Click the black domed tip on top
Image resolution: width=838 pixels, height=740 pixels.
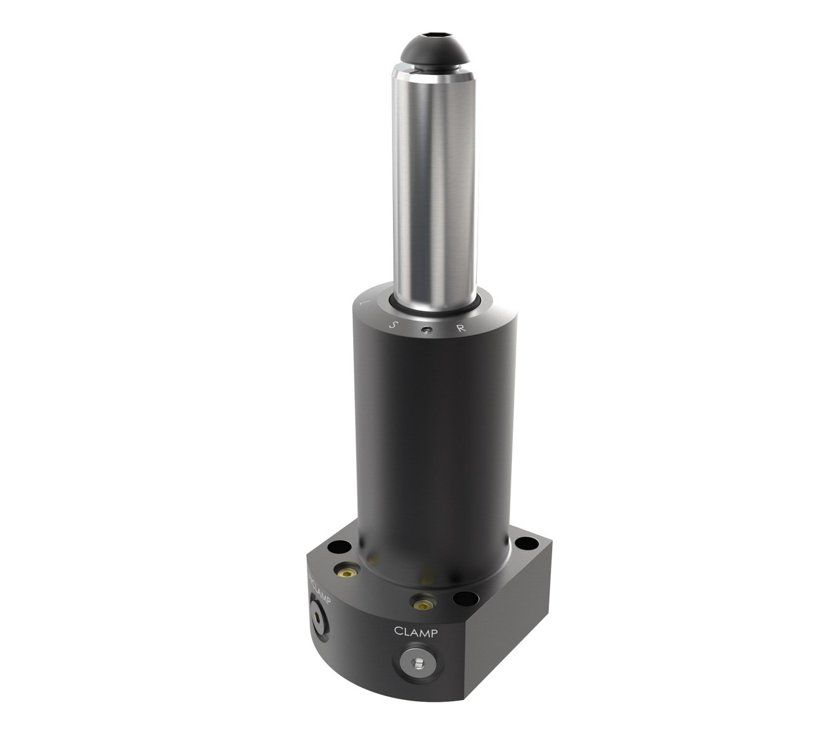[x=434, y=52]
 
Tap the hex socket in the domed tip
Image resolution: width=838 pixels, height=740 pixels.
[x=435, y=36]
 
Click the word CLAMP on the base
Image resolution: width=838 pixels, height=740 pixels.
[x=416, y=632]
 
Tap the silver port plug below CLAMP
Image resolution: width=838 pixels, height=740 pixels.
[x=417, y=663]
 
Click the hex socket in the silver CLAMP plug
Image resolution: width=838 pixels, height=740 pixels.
[x=417, y=664]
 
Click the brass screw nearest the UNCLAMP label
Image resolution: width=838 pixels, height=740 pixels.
[x=348, y=571]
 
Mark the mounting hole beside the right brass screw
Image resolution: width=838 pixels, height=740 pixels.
[x=465, y=599]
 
